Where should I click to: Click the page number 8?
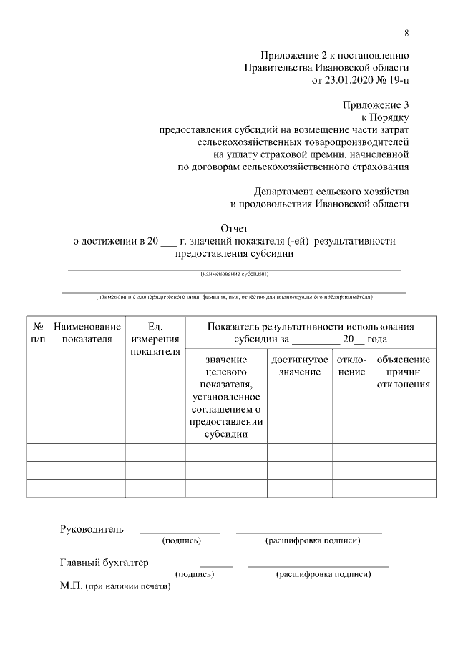[x=406, y=33]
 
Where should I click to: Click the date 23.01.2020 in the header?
[x=348, y=81]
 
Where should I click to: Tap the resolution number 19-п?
[x=397, y=81]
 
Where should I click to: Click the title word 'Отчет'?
[x=235, y=229]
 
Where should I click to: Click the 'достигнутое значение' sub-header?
[x=300, y=366]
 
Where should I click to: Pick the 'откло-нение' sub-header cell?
[x=351, y=366]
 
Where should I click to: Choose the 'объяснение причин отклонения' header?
[x=403, y=372]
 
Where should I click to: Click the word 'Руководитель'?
[x=91, y=529]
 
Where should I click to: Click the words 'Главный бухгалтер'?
[x=104, y=563]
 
